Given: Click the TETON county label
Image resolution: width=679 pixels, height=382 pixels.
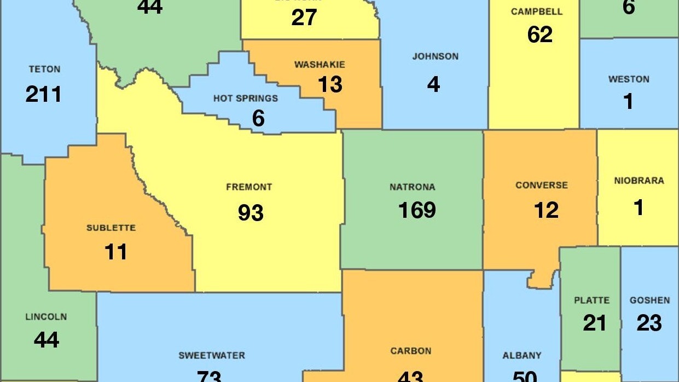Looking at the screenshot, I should click(44, 70).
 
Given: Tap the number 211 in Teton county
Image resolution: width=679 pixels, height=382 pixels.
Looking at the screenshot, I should click(44, 94).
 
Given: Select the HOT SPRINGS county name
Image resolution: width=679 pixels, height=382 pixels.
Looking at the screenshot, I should click(245, 99).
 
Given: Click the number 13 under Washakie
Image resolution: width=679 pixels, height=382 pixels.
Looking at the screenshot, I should click(330, 84).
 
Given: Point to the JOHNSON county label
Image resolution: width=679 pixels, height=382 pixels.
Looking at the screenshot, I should click(435, 56).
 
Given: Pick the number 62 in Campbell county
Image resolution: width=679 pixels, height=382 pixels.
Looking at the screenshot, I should click(539, 35).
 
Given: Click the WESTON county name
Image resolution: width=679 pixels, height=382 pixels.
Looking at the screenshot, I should click(629, 79).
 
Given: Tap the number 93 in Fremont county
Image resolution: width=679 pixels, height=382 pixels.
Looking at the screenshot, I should click(251, 212).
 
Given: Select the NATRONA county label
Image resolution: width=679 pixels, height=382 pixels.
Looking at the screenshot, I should click(413, 187).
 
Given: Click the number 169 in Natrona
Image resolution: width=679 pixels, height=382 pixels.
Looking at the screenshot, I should click(417, 210).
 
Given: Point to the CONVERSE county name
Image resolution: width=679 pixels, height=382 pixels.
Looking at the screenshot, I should click(542, 186).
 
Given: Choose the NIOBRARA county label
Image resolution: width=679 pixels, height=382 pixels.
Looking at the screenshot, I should click(639, 181).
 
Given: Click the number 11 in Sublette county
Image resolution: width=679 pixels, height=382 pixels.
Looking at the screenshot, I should click(115, 252).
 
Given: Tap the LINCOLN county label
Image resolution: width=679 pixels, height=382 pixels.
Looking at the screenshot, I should click(46, 317).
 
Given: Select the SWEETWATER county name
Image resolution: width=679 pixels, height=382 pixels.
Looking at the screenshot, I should click(212, 356).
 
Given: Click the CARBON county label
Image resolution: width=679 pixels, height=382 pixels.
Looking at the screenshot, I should click(410, 351).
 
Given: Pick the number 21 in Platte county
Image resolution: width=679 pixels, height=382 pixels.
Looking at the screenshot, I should click(594, 323).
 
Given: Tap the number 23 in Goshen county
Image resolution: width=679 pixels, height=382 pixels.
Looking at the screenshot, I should click(649, 323).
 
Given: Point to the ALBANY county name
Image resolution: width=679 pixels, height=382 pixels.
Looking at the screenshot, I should click(521, 356).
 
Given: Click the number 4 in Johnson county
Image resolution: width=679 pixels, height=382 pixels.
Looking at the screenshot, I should click(433, 84).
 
